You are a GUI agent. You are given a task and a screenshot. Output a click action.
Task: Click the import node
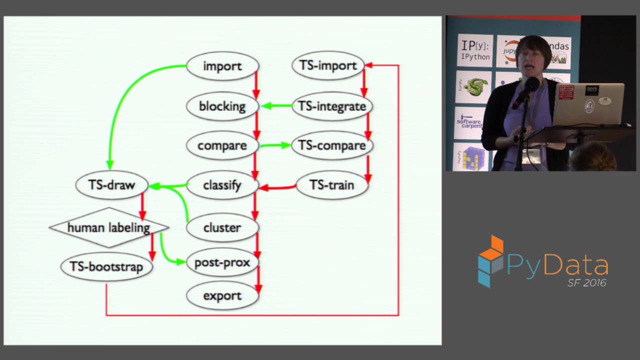coord(222,66)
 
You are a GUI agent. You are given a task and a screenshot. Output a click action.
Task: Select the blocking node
coord(222,106)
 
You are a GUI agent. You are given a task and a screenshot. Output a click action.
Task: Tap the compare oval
coord(222,145)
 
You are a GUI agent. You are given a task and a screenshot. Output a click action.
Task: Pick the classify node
coord(222,185)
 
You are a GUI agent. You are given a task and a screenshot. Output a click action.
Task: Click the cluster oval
coord(222,227)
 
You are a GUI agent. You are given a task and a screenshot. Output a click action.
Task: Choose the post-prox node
coord(222,262)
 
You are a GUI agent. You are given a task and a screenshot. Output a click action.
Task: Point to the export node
coord(222,295)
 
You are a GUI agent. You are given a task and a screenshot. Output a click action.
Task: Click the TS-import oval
coord(328,65)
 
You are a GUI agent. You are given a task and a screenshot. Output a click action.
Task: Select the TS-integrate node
coord(332,106)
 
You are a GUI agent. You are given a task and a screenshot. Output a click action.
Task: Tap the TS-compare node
coord(332,145)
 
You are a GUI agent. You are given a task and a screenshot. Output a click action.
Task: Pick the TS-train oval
coord(332,185)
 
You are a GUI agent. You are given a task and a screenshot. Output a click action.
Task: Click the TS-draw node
coord(112,185)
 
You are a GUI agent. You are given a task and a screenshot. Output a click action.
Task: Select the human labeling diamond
coord(108,228)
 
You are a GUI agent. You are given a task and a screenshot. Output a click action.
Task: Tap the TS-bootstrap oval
coord(106,266)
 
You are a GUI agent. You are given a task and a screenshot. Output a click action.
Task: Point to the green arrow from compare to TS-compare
coord(275,145)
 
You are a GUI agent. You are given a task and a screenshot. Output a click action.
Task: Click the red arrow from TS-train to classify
coord(277,187)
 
